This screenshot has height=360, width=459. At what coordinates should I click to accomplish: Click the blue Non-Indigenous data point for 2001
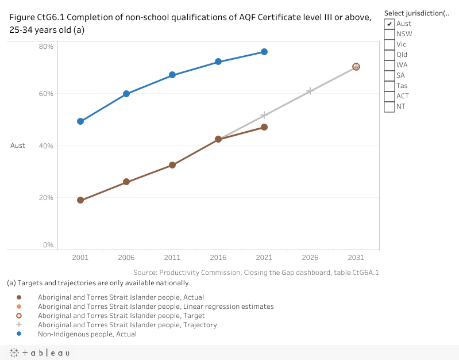click(x=80, y=121)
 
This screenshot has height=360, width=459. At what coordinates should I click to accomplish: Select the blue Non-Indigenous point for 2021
click(x=264, y=52)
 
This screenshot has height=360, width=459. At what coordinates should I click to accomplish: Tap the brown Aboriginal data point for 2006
click(x=126, y=182)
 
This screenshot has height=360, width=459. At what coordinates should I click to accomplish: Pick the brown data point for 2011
click(x=172, y=165)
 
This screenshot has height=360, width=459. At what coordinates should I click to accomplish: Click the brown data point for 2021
click(x=264, y=127)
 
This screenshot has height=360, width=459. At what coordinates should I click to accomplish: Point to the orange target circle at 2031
click(x=356, y=67)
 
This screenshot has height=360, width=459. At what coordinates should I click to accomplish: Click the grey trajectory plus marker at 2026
click(x=310, y=91)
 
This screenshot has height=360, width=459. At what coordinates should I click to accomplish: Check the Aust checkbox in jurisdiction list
click(x=389, y=24)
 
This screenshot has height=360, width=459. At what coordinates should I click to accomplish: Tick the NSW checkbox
click(x=389, y=34)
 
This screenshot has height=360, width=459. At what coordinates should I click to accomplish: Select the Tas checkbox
click(x=389, y=86)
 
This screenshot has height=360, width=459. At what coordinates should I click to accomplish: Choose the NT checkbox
click(x=389, y=106)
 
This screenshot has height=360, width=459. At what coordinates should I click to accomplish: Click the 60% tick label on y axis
click(x=46, y=94)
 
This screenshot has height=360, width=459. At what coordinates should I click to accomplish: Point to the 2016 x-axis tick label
click(x=218, y=258)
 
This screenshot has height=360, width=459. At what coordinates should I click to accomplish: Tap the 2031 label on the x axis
click(x=356, y=258)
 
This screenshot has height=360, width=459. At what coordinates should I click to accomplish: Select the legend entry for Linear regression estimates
click(x=156, y=307)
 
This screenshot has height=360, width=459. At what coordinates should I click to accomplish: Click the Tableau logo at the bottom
click(x=40, y=353)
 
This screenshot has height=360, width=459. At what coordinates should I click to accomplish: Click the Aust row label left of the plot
click(x=18, y=145)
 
